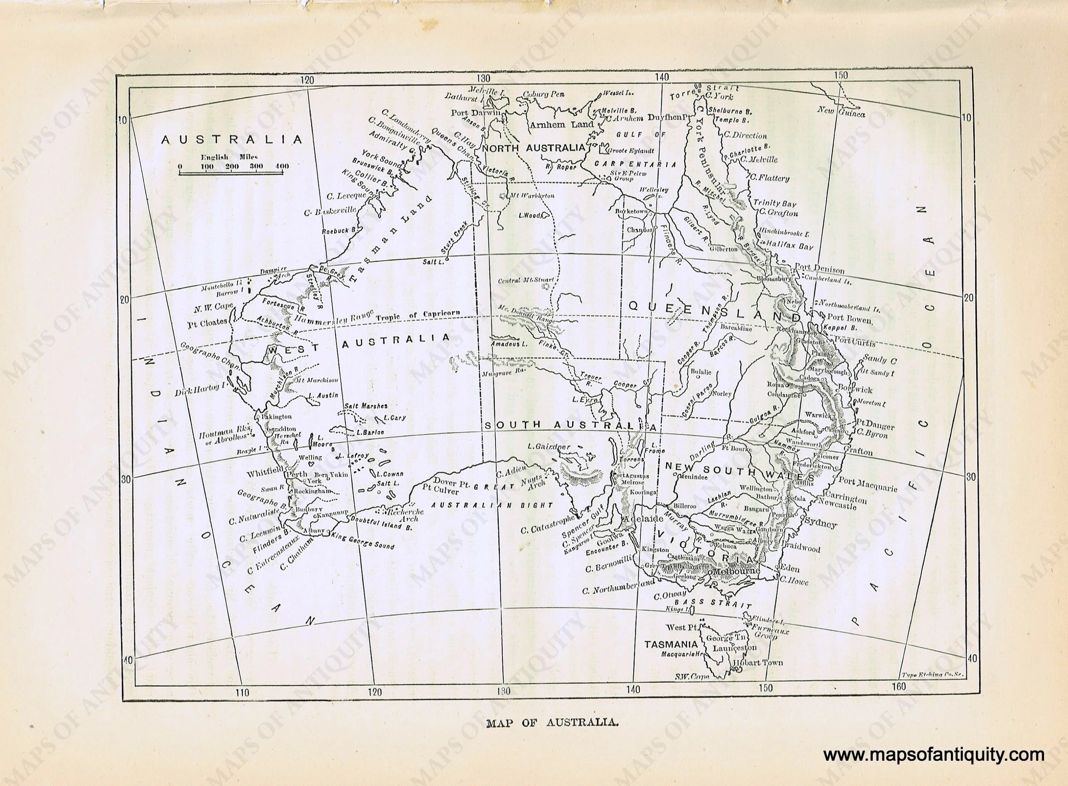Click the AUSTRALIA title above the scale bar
[x=232, y=140]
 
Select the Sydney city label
[x=820, y=524]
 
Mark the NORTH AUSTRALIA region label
[x=533, y=148]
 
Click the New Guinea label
[x=841, y=112]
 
